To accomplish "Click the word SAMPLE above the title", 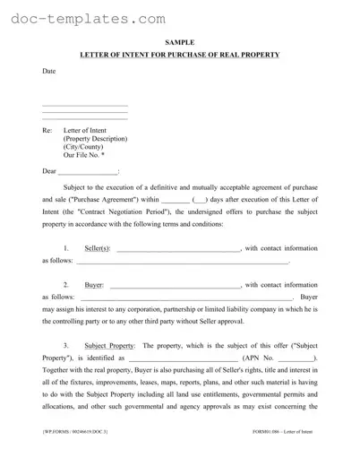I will [179, 42].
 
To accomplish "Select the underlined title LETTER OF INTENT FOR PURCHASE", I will [179, 56].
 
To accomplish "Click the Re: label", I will [47, 130].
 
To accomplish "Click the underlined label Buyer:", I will [94, 285].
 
